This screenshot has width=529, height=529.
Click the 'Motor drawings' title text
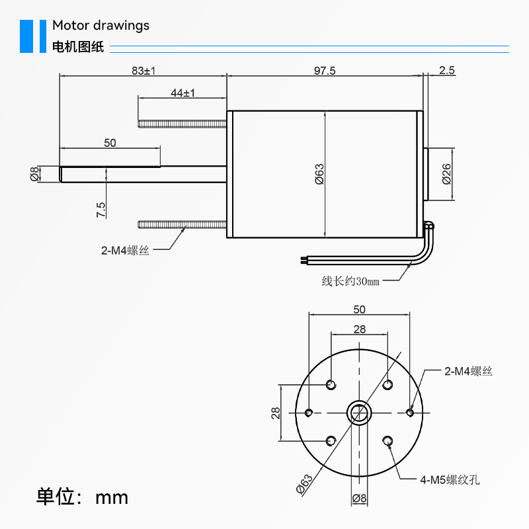101,26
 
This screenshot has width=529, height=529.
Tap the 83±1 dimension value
143,71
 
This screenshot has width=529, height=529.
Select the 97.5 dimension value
325,71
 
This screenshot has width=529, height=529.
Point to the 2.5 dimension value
447,70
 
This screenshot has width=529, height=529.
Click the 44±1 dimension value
183,93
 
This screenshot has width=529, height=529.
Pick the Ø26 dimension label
446,174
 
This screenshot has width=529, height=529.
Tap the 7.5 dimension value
101,210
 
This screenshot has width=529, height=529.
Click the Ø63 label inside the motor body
319,174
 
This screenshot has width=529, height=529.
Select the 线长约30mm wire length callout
350,281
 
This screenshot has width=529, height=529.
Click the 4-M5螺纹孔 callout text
450,479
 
